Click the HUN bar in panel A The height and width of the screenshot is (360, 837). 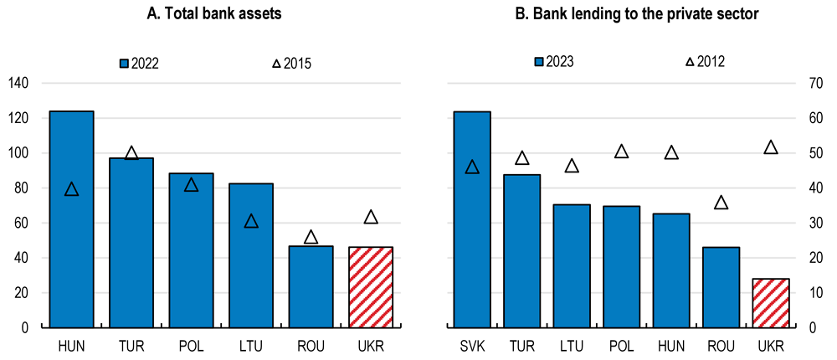point(71,219)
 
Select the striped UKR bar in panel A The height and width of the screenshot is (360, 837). point(371,287)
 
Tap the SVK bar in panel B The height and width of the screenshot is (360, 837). point(472,219)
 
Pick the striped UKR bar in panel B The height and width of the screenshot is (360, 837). point(771,303)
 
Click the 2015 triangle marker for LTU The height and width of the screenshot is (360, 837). point(251,222)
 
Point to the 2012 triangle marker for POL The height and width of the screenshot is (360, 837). point(621,152)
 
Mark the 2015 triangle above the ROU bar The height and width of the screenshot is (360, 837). point(311,237)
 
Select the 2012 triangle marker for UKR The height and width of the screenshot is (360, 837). point(771,148)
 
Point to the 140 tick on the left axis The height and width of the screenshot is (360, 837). point(18,84)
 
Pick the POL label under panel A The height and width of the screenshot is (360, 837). point(191,346)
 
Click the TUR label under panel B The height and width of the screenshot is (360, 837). point(521,346)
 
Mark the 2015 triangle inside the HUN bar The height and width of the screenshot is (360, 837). point(71,190)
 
